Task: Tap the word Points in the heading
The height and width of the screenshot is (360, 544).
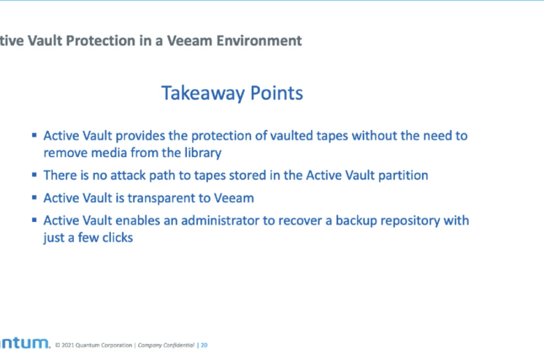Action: [x=276, y=93]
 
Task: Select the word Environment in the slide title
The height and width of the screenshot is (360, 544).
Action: [x=259, y=40]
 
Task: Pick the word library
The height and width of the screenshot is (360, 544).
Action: [x=203, y=153]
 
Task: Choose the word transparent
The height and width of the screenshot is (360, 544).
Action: [x=161, y=198]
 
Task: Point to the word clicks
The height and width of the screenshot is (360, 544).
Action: [x=117, y=238]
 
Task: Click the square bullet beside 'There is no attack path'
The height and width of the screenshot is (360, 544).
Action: [x=34, y=174]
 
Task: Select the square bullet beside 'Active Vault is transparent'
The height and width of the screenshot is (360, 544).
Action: [x=34, y=197]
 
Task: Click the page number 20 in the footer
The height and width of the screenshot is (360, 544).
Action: [x=204, y=345]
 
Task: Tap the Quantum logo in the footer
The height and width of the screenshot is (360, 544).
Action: [x=25, y=343]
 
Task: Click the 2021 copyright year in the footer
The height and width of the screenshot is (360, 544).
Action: [x=68, y=345]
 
